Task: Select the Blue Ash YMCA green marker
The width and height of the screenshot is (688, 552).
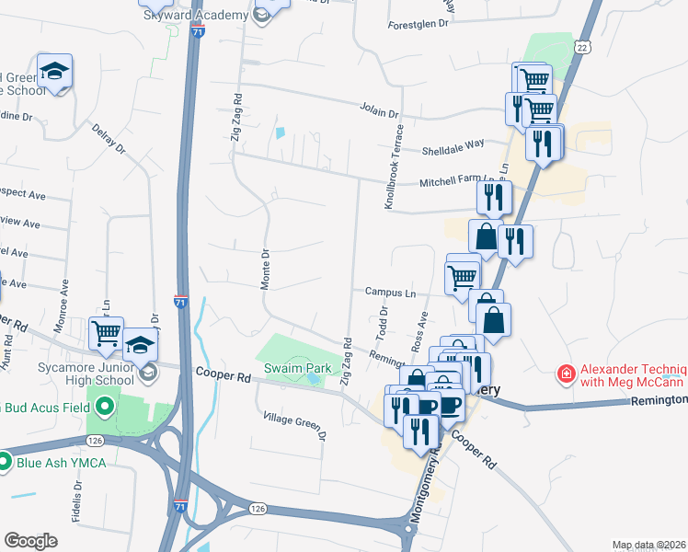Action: pos(4,462)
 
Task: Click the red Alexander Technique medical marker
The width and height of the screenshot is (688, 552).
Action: pos(567,374)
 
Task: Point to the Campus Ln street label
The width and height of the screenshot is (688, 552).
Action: pos(390,293)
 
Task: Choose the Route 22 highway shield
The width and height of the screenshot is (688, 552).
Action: pos(581,47)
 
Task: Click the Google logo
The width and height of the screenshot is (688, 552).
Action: pos(30,541)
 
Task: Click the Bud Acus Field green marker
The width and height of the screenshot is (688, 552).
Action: pos(105,405)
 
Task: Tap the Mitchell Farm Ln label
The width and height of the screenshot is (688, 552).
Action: pos(464,181)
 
